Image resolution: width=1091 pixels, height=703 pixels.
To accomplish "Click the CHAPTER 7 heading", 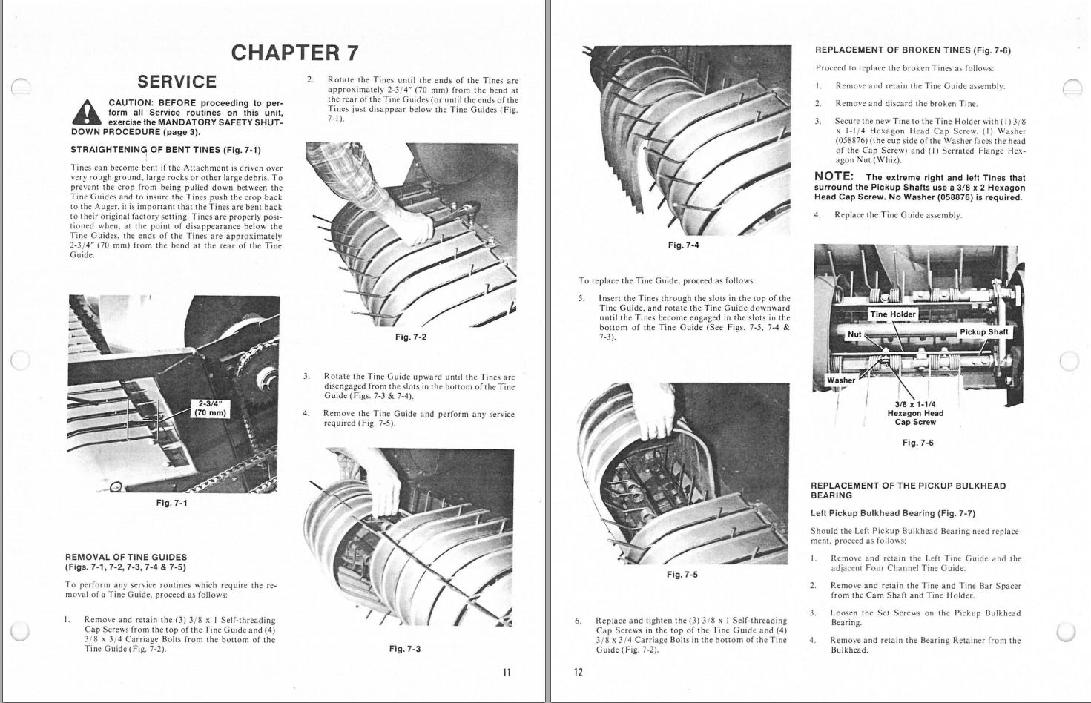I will pos(294,53).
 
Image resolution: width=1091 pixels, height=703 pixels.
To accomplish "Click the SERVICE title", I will pos(177,82).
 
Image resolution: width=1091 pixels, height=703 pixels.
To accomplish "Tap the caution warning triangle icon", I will pos(87,113).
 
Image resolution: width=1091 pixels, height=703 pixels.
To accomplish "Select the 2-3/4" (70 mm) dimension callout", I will pos(210,408).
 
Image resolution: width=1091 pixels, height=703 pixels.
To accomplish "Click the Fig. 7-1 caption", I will pos(171,503).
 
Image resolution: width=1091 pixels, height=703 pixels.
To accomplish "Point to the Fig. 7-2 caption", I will pos(410,337).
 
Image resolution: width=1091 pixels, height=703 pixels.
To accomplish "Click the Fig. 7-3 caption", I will pos(404,649).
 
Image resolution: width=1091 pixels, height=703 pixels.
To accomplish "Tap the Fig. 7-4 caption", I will pos(682,245).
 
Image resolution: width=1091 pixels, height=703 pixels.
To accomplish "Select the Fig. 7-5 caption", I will pos(682,575).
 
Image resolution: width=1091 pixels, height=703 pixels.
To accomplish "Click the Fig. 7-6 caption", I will pos(917,443).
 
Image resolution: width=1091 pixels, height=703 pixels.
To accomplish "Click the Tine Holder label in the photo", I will pos(893,314).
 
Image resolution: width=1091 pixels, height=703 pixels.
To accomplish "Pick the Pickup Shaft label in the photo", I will pos(983,332).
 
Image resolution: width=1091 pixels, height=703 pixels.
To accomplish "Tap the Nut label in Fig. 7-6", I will pos(854,334).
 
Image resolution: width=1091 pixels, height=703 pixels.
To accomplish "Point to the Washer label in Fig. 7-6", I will pos(841,380).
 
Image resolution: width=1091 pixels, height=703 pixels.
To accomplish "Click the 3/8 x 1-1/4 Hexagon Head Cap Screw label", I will pos(915,413).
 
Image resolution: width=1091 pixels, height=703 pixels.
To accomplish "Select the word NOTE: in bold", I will pos(834,176).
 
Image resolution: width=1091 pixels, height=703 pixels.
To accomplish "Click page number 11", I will pos(507,673).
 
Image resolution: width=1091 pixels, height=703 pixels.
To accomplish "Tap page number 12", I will pos(579,673).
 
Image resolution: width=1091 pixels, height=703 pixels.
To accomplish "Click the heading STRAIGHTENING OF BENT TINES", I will pos(165,150).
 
